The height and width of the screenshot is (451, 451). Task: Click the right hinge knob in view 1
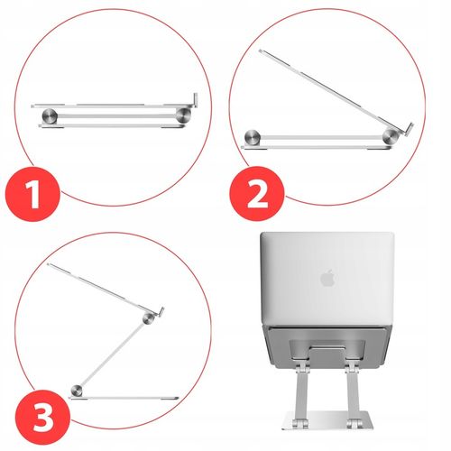[187, 115]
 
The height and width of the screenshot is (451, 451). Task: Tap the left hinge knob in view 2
[253, 137]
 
